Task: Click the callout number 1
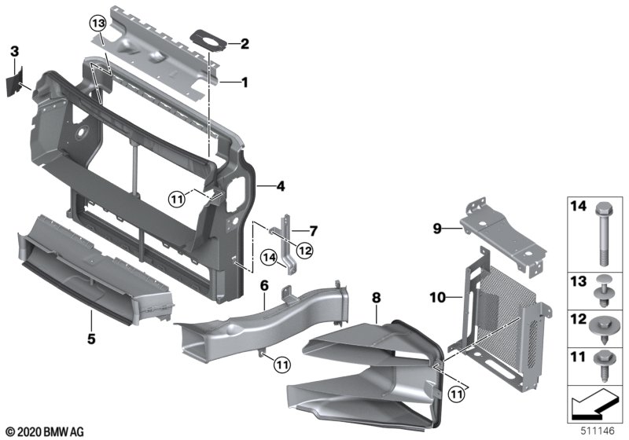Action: point(245,81)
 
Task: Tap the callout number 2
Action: point(245,44)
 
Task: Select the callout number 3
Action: point(14,51)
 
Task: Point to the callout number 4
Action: point(281,187)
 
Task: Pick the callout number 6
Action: point(264,284)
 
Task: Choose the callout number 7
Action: point(312,231)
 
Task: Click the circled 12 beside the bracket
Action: point(305,250)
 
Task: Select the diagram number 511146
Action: point(598,432)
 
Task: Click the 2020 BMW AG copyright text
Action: point(45,431)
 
